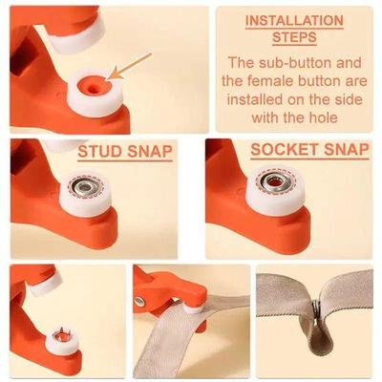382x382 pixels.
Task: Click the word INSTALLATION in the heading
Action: point(294,19)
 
